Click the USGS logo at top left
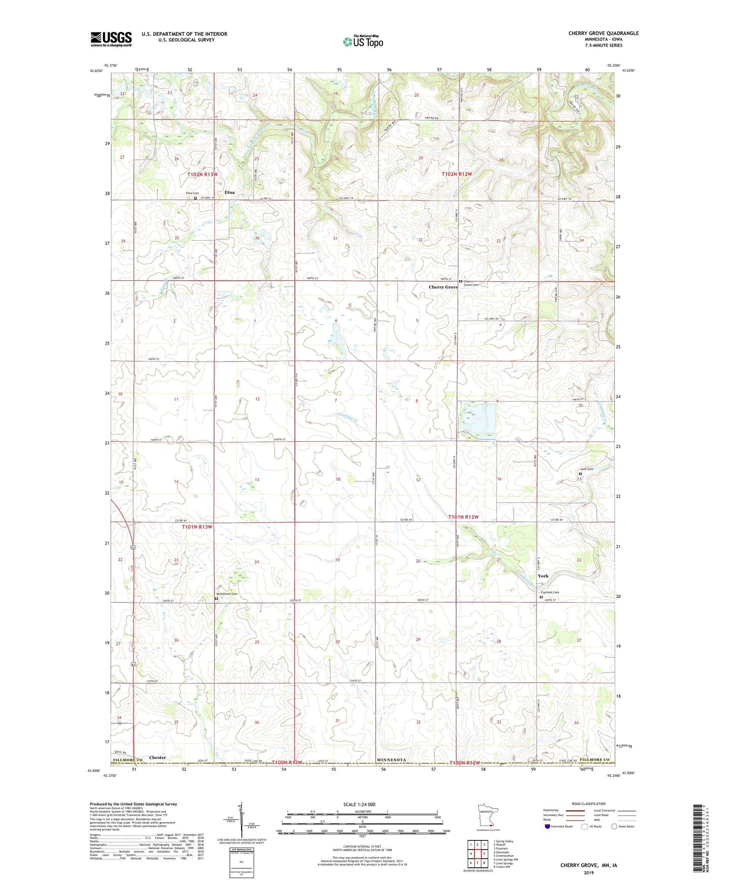111,39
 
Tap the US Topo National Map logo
363,41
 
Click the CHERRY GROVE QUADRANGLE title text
603,33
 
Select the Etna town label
229,193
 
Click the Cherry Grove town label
443,287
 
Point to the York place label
543,576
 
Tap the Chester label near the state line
157,758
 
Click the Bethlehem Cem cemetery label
227,594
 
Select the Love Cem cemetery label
586,469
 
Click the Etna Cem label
192,193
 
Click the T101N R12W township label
463,517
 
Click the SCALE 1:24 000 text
359,805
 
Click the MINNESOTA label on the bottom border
392,760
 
